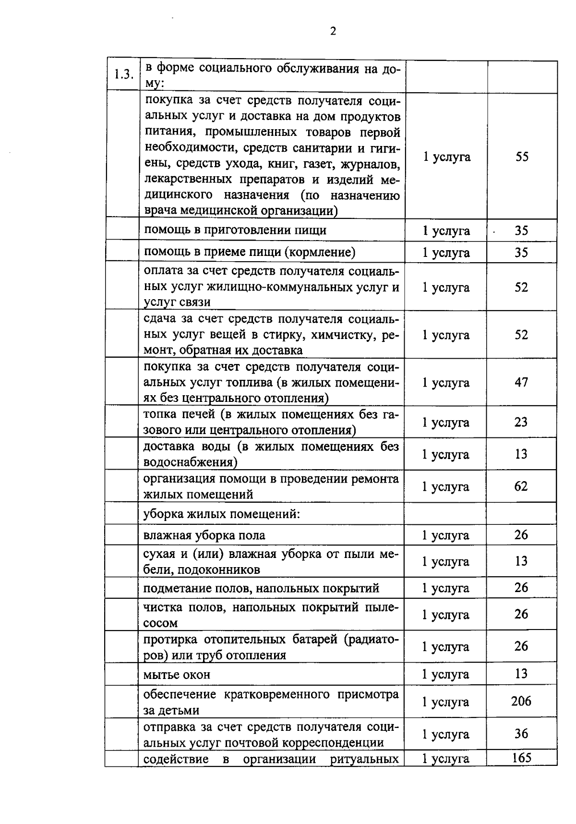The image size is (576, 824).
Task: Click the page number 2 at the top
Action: click(x=333, y=32)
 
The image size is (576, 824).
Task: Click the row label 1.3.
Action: click(x=123, y=74)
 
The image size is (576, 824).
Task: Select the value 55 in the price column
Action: click(x=522, y=157)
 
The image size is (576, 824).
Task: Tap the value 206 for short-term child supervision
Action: click(x=521, y=701)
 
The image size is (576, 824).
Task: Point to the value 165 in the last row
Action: click(x=521, y=758)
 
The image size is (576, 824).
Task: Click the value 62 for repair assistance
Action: click(x=521, y=486)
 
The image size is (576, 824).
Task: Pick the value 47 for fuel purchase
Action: click(x=521, y=382)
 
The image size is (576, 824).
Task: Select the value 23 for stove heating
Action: click(x=521, y=422)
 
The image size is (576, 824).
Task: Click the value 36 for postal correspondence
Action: click(x=521, y=734)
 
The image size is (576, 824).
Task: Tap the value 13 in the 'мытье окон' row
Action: click(x=521, y=674)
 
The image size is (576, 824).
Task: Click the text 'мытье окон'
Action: click(x=177, y=675)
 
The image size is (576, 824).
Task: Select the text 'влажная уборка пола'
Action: click(x=204, y=535)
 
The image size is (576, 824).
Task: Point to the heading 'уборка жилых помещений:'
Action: click(x=222, y=514)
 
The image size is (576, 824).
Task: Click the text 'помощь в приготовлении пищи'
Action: click(x=235, y=230)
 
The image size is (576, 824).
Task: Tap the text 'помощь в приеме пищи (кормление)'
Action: click(x=250, y=252)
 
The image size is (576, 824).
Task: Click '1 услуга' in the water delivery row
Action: click(x=445, y=454)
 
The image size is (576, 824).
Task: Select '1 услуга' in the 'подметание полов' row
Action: click(x=445, y=588)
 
